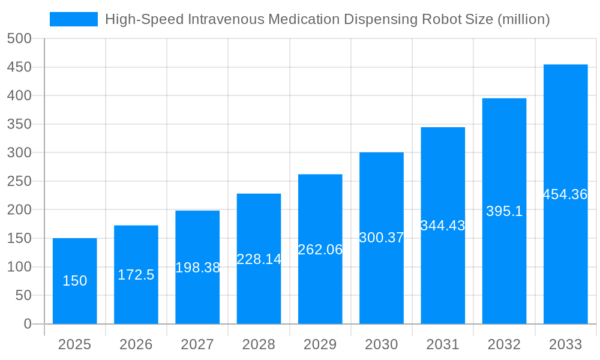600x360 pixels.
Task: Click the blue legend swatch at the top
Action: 73,19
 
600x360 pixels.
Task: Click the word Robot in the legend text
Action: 442,19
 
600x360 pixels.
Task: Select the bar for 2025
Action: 75,281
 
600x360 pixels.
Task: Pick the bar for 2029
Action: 320,249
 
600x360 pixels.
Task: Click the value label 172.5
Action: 136,275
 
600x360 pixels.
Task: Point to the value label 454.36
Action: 565,194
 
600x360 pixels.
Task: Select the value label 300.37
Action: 382,238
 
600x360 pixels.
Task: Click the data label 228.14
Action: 259,259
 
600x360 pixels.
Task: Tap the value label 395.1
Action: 504,211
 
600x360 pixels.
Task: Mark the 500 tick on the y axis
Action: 19,38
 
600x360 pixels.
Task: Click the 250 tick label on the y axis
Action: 19,181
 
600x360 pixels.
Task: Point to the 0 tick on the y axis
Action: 28,324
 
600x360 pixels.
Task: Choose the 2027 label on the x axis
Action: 197,344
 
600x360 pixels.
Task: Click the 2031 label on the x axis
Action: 443,344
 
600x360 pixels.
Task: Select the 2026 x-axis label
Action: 136,344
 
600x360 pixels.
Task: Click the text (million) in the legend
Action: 524,19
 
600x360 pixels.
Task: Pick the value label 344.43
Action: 443,226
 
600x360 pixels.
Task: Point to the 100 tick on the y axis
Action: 19,267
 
